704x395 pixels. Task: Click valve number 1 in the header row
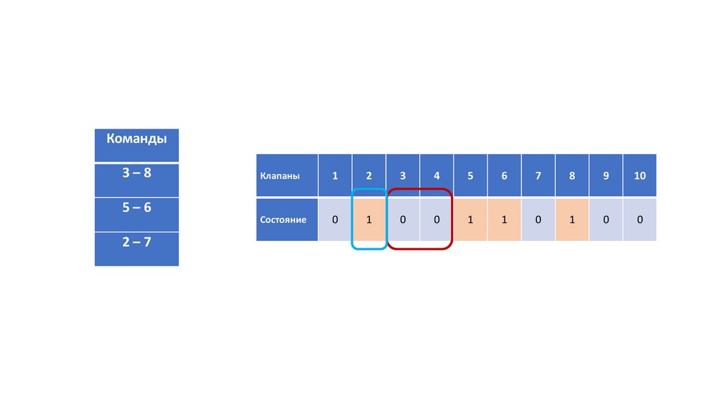335,175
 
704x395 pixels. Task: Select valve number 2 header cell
369,175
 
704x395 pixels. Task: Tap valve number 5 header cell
470,175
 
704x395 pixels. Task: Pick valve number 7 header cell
538,175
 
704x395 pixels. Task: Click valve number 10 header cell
640,175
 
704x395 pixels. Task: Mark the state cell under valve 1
335,220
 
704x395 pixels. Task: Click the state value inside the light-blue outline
369,220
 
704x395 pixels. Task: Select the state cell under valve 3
403,220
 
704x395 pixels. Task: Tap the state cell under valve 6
504,220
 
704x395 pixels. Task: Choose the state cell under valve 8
572,220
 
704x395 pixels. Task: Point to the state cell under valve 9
606,220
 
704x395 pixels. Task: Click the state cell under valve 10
640,220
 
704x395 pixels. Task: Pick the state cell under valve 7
538,220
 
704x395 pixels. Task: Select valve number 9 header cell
606,175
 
